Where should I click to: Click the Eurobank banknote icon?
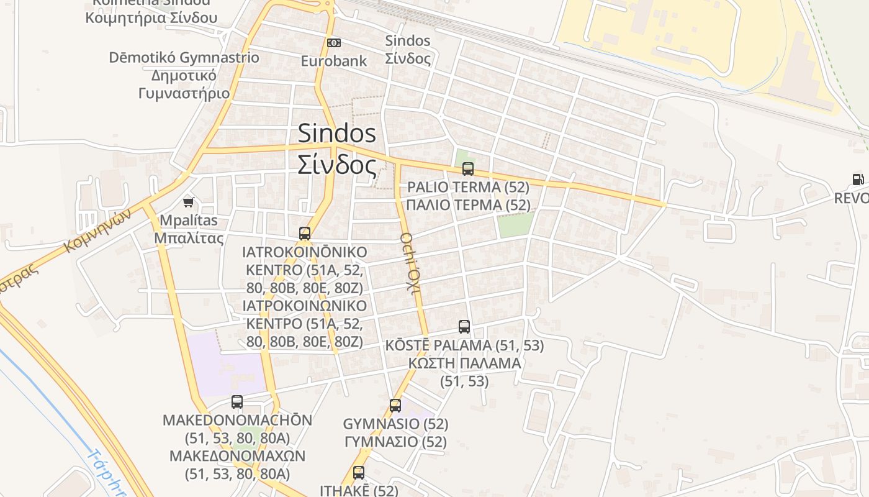point(334,43)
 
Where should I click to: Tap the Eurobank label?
point(334,61)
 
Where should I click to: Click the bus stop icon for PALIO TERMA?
point(468,169)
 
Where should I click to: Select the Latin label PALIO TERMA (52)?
point(468,187)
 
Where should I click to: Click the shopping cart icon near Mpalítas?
point(189,202)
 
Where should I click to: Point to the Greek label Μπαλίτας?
point(189,238)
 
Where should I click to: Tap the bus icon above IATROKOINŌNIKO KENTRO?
point(305,234)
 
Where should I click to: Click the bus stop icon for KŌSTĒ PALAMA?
point(464,327)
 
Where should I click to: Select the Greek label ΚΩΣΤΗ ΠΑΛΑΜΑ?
point(464,363)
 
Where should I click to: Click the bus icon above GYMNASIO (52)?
point(395,406)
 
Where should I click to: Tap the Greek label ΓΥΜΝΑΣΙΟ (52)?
point(395,442)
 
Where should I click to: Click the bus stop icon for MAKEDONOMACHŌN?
point(237,402)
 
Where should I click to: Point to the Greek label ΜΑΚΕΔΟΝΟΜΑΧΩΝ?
point(237,456)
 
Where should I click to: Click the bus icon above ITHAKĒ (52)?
point(359,473)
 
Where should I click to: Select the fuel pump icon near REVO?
point(858,180)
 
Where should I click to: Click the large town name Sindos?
point(337,133)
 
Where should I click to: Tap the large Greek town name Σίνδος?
point(337,165)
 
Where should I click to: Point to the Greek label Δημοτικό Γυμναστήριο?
point(184,84)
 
